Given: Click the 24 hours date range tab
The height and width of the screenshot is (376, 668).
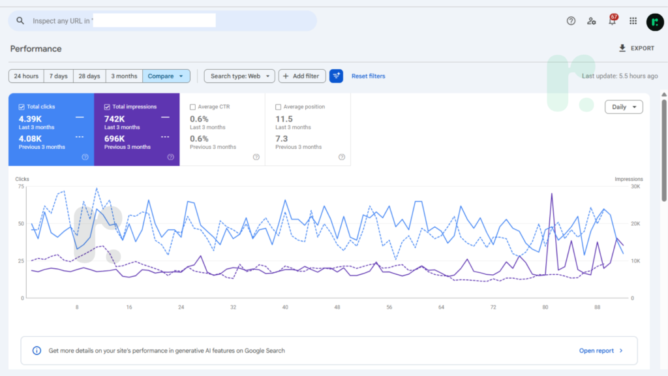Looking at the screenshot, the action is click(x=26, y=76).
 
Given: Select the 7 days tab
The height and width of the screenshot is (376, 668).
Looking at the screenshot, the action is click(x=58, y=76).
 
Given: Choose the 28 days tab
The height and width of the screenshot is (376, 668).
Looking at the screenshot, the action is click(x=89, y=76).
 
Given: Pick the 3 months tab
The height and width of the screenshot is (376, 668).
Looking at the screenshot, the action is click(x=124, y=76).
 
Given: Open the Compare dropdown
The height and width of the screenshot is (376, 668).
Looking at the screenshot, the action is click(x=166, y=76).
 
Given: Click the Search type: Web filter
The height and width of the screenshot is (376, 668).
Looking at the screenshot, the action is click(x=239, y=76).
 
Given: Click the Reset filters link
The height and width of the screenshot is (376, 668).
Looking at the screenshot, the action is click(x=368, y=76).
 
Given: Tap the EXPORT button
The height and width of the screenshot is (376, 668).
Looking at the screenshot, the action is click(x=637, y=48).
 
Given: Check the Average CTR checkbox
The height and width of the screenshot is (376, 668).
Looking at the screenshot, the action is click(x=192, y=107).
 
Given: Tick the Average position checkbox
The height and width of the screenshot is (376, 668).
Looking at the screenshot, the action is click(x=278, y=107).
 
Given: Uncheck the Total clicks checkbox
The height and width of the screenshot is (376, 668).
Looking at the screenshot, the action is click(x=22, y=107).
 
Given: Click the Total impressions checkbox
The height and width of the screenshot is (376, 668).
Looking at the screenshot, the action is click(x=107, y=107).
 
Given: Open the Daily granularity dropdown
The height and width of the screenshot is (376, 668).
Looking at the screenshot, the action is click(x=624, y=107).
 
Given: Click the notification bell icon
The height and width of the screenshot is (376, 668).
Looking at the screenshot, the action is click(x=612, y=20).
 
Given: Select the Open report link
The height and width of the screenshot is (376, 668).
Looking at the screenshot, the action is click(x=601, y=351).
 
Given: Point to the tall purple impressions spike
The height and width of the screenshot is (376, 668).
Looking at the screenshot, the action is click(x=552, y=194).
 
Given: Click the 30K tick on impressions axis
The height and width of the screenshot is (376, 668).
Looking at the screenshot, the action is click(x=635, y=186).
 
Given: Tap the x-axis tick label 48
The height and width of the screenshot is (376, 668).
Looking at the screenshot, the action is click(x=337, y=307).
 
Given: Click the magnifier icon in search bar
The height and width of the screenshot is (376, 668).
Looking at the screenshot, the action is click(x=20, y=20).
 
